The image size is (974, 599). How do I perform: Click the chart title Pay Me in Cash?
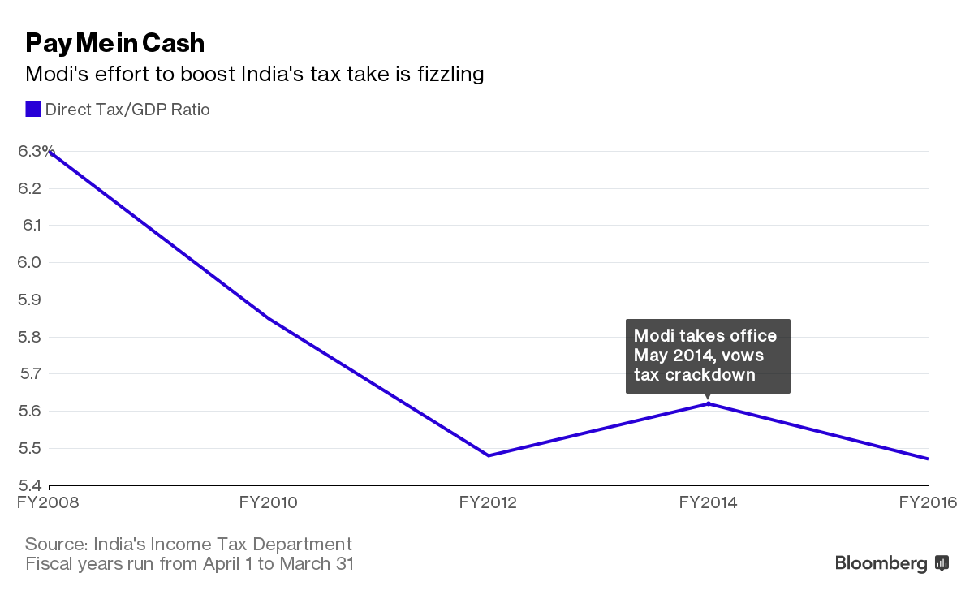(114, 42)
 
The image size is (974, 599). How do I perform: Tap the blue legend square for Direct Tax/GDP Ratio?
(33, 109)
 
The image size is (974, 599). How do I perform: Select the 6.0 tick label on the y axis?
(30, 262)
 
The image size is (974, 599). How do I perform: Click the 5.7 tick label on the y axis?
(30, 374)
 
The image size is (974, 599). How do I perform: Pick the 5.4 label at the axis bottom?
(30, 485)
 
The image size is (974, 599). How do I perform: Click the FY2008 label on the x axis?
(49, 502)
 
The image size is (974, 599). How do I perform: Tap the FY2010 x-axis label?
(268, 502)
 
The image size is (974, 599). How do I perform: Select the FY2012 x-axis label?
(488, 502)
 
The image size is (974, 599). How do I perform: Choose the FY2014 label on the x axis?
(708, 502)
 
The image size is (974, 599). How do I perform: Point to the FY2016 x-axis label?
(928, 502)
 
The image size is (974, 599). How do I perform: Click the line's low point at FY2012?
(488, 455)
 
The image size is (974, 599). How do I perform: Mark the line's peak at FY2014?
(709, 403)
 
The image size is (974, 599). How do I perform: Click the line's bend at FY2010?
(269, 318)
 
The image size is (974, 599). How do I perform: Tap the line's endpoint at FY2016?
(928, 459)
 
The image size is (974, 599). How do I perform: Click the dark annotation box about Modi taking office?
(707, 356)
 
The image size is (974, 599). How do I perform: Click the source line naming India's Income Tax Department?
(188, 544)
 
